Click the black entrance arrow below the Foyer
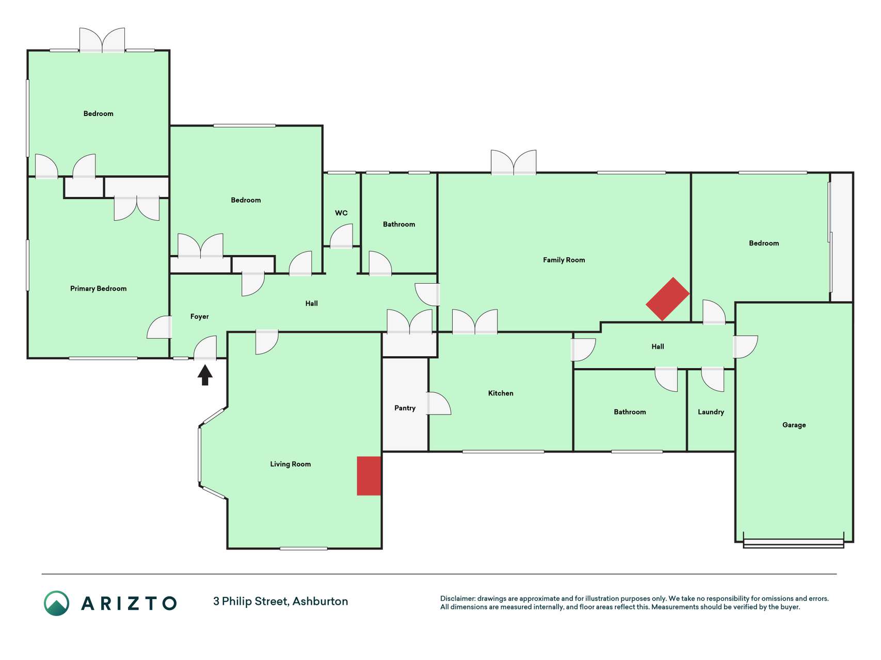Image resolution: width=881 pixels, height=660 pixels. [205, 375]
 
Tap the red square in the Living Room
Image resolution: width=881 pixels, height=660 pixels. [369, 476]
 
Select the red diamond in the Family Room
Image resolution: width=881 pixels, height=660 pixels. [668, 299]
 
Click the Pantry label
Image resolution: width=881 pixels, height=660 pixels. [405, 408]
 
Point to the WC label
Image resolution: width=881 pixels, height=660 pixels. [341, 213]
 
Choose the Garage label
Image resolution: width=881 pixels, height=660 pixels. [794, 425]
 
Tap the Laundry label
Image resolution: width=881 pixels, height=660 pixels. [711, 412]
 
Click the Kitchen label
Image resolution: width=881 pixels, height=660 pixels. [501, 393]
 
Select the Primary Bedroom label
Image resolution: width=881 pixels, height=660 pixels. [99, 289]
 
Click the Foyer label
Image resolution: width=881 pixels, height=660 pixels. [199, 317]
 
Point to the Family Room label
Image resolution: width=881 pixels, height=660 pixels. [564, 260]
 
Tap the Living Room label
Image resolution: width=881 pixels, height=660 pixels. [291, 464]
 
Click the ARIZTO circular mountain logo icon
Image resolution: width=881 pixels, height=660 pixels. [56, 603]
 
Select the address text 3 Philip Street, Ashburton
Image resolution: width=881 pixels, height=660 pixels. [281, 602]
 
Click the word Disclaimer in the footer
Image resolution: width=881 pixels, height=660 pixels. [458, 599]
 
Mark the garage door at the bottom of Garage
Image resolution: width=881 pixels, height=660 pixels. [794, 543]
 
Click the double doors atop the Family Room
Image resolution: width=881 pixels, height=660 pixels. [514, 162]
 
